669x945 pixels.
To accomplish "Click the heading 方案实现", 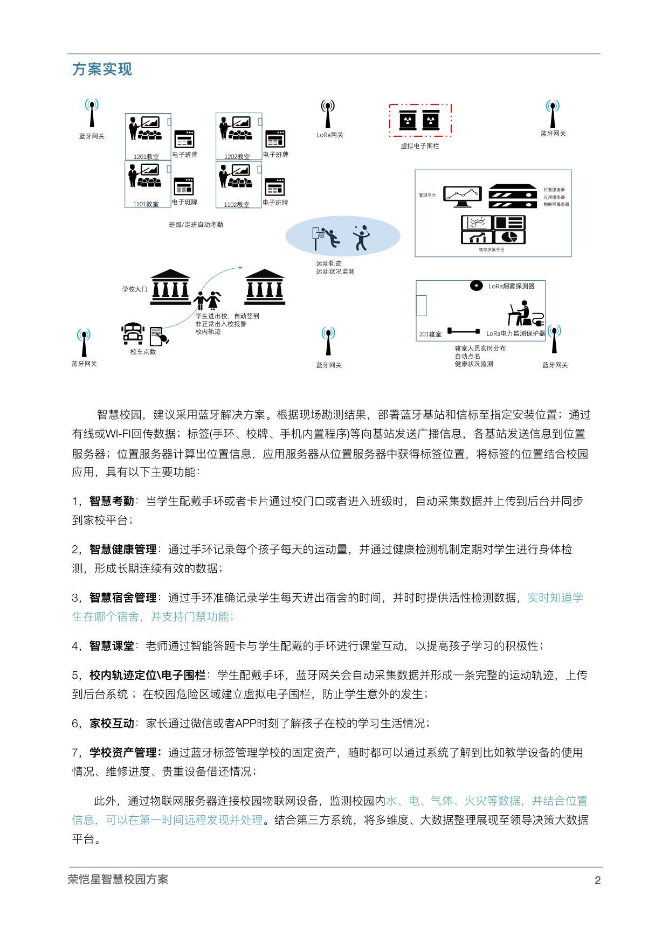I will coord(102,70).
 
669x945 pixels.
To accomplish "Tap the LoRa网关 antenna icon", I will coord(327,114).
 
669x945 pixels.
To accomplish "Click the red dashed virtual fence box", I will coord(420,120).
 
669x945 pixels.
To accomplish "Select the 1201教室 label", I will coord(146,157).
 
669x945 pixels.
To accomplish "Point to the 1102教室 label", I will coord(237,205).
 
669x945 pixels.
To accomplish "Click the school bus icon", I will coord(133,333).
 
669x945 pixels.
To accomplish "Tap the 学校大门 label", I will coord(134,289).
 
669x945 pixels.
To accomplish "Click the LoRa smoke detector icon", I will coord(476,286).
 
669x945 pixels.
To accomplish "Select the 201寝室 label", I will coord(430,334).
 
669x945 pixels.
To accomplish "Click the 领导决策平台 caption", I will coord(491,250).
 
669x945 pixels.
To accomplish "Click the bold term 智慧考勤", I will coord(112,501).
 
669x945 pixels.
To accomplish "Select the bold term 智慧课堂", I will coord(112,646).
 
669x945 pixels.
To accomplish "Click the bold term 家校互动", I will coord(112,724).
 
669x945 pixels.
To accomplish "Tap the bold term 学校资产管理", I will coord(123,753).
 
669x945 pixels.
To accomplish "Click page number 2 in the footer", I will coord(597,880).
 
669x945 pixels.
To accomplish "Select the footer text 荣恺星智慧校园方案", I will coord(118,879).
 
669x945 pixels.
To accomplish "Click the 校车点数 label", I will coord(143,352).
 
